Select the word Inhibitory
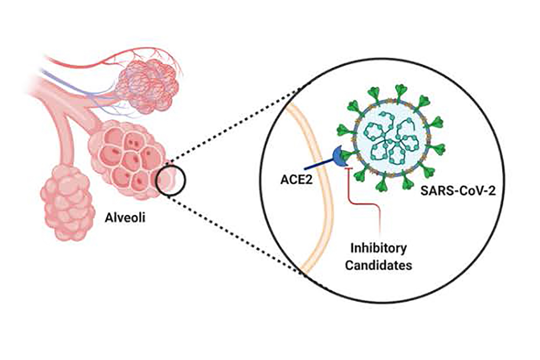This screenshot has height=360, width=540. pyautogui.click(x=379, y=248)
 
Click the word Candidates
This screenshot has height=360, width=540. pyautogui.click(x=379, y=265)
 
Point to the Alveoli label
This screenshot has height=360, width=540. pyautogui.click(x=125, y=217)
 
